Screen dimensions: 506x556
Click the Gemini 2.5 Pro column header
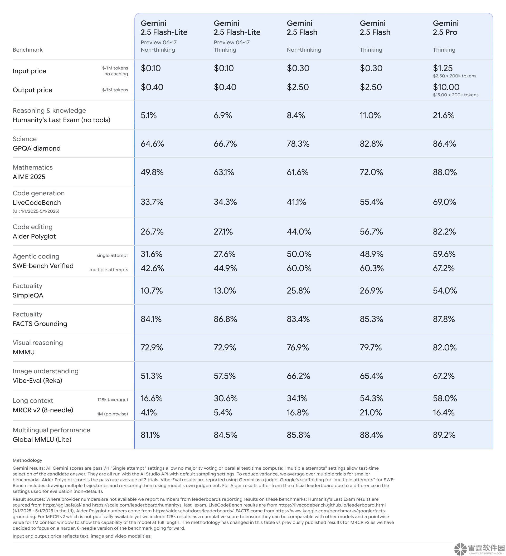pos(446,28)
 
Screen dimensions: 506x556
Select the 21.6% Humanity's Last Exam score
pos(443,115)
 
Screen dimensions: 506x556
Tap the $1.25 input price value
pos(442,68)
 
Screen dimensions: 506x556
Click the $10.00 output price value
pos(446,87)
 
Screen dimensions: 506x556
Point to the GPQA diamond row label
pos(36,148)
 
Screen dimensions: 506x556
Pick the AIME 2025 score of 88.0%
pos(445,172)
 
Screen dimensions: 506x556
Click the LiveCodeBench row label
pos(37,202)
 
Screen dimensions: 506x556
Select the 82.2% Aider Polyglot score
pos(444,231)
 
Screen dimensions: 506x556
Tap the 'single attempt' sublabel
pos(112,255)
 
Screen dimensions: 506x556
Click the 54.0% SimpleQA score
pos(445,290)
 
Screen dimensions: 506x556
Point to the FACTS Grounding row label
pos(40,324)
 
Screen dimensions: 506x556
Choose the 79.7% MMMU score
pos(371,347)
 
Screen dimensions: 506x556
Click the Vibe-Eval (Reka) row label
pos(37,380)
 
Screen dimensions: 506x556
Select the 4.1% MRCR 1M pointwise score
pos(149,412)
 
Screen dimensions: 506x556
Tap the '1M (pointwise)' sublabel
pos(112,414)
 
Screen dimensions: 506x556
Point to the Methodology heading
pos(27,460)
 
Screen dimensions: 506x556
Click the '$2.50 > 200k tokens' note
pos(454,76)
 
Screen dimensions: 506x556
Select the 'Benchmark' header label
pos(27,50)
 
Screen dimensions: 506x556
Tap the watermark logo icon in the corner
pos(460,549)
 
